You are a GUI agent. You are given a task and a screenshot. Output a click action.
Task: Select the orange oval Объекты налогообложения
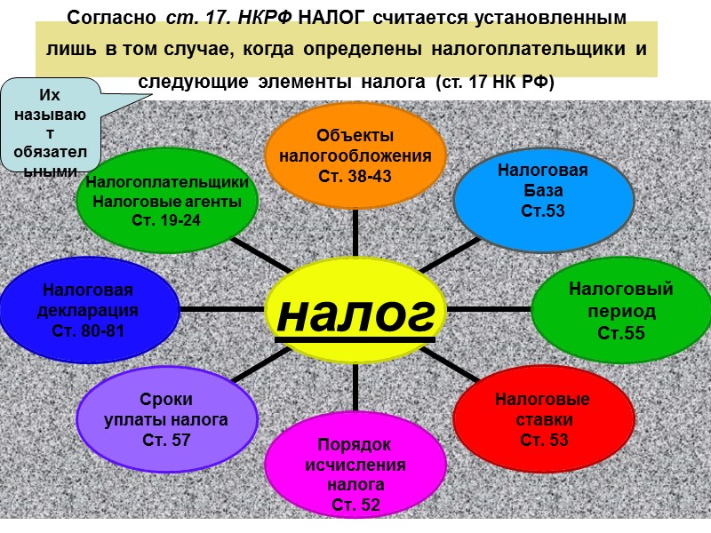(355, 155)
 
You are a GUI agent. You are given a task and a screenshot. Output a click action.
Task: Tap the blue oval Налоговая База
(543, 191)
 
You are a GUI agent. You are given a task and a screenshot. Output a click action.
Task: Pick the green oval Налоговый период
(620, 311)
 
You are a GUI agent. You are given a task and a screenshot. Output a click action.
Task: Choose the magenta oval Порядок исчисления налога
(355, 466)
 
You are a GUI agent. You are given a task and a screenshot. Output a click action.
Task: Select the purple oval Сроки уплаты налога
(166, 418)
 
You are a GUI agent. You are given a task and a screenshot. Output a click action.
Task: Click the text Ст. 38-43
(355, 176)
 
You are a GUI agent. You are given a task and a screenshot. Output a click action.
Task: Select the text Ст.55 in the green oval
(620, 334)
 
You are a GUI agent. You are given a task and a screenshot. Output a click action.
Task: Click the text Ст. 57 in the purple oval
(166, 439)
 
